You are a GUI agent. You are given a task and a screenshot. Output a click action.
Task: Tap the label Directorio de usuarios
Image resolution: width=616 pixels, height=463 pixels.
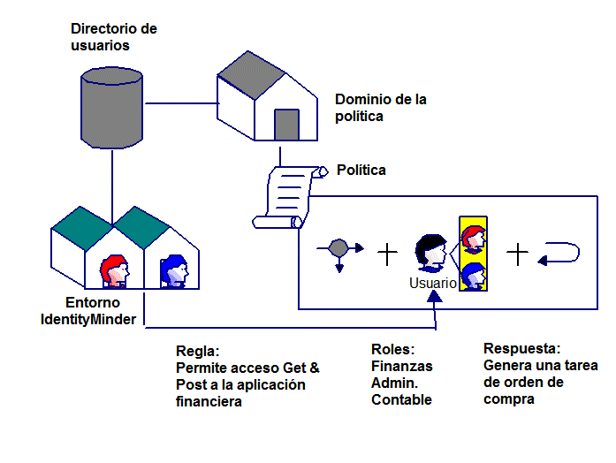113,36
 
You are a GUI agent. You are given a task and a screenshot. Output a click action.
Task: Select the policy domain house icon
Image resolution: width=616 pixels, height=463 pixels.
266,105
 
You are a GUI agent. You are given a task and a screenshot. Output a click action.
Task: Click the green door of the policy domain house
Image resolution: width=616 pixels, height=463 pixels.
286,125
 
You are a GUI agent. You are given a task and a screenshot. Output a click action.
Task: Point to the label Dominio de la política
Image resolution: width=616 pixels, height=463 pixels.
380,108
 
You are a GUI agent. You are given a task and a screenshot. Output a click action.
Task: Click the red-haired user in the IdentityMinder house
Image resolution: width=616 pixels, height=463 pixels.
115,270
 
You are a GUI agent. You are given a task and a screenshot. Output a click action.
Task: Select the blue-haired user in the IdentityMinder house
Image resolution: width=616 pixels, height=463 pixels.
174,270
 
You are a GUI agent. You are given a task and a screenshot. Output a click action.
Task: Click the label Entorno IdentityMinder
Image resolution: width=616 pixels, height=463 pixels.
88,312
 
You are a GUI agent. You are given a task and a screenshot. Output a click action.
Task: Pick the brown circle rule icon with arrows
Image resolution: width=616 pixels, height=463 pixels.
339,250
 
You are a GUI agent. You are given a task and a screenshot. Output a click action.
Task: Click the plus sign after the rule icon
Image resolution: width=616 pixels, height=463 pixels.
387,254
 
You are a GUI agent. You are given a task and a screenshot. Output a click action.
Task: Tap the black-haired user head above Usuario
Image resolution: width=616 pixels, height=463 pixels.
433,252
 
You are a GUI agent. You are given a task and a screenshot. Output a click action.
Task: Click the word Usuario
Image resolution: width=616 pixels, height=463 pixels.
433,284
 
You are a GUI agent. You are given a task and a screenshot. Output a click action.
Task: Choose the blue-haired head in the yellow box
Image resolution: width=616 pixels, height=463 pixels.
474,275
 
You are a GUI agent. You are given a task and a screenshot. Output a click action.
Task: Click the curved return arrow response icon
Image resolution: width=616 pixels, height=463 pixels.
559,254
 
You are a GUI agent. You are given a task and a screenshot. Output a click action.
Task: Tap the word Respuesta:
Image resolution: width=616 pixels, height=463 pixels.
522,348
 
